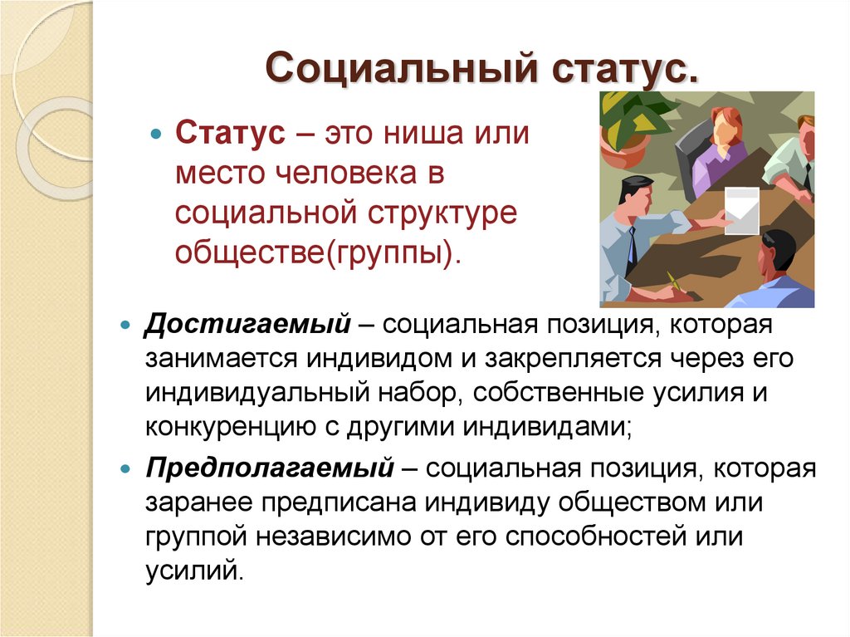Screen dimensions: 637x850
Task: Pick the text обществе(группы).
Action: [x=316, y=253]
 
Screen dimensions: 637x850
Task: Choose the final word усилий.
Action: [x=196, y=572]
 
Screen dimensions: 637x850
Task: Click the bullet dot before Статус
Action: [x=154, y=135]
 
